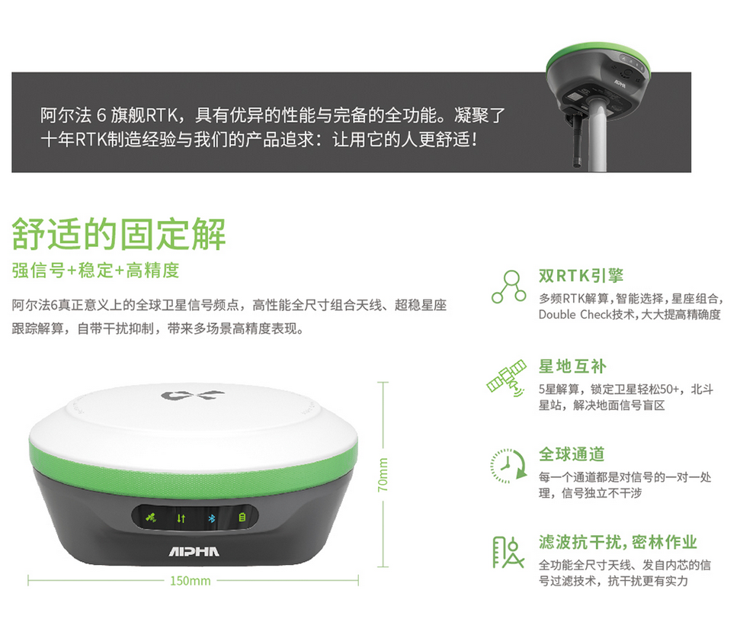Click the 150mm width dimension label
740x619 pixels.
click(x=191, y=580)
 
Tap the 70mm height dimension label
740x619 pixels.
click(x=383, y=474)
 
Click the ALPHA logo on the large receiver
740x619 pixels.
click(x=194, y=551)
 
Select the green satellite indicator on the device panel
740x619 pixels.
click(x=151, y=518)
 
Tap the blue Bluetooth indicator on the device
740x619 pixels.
click(x=211, y=518)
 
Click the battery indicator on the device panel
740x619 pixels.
click(x=242, y=518)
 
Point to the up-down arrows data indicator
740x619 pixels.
click(x=181, y=518)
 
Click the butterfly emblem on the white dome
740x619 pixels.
click(x=192, y=395)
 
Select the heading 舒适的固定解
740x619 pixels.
click(x=119, y=234)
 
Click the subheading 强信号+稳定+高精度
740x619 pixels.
click(x=96, y=271)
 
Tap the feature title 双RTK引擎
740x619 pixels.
click(x=581, y=276)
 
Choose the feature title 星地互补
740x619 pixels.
click(x=572, y=367)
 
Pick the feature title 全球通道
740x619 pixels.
click(x=572, y=454)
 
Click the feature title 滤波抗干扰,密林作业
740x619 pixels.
click(x=618, y=542)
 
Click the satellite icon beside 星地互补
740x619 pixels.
click(x=507, y=378)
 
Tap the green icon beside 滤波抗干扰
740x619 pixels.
click(x=508, y=552)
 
